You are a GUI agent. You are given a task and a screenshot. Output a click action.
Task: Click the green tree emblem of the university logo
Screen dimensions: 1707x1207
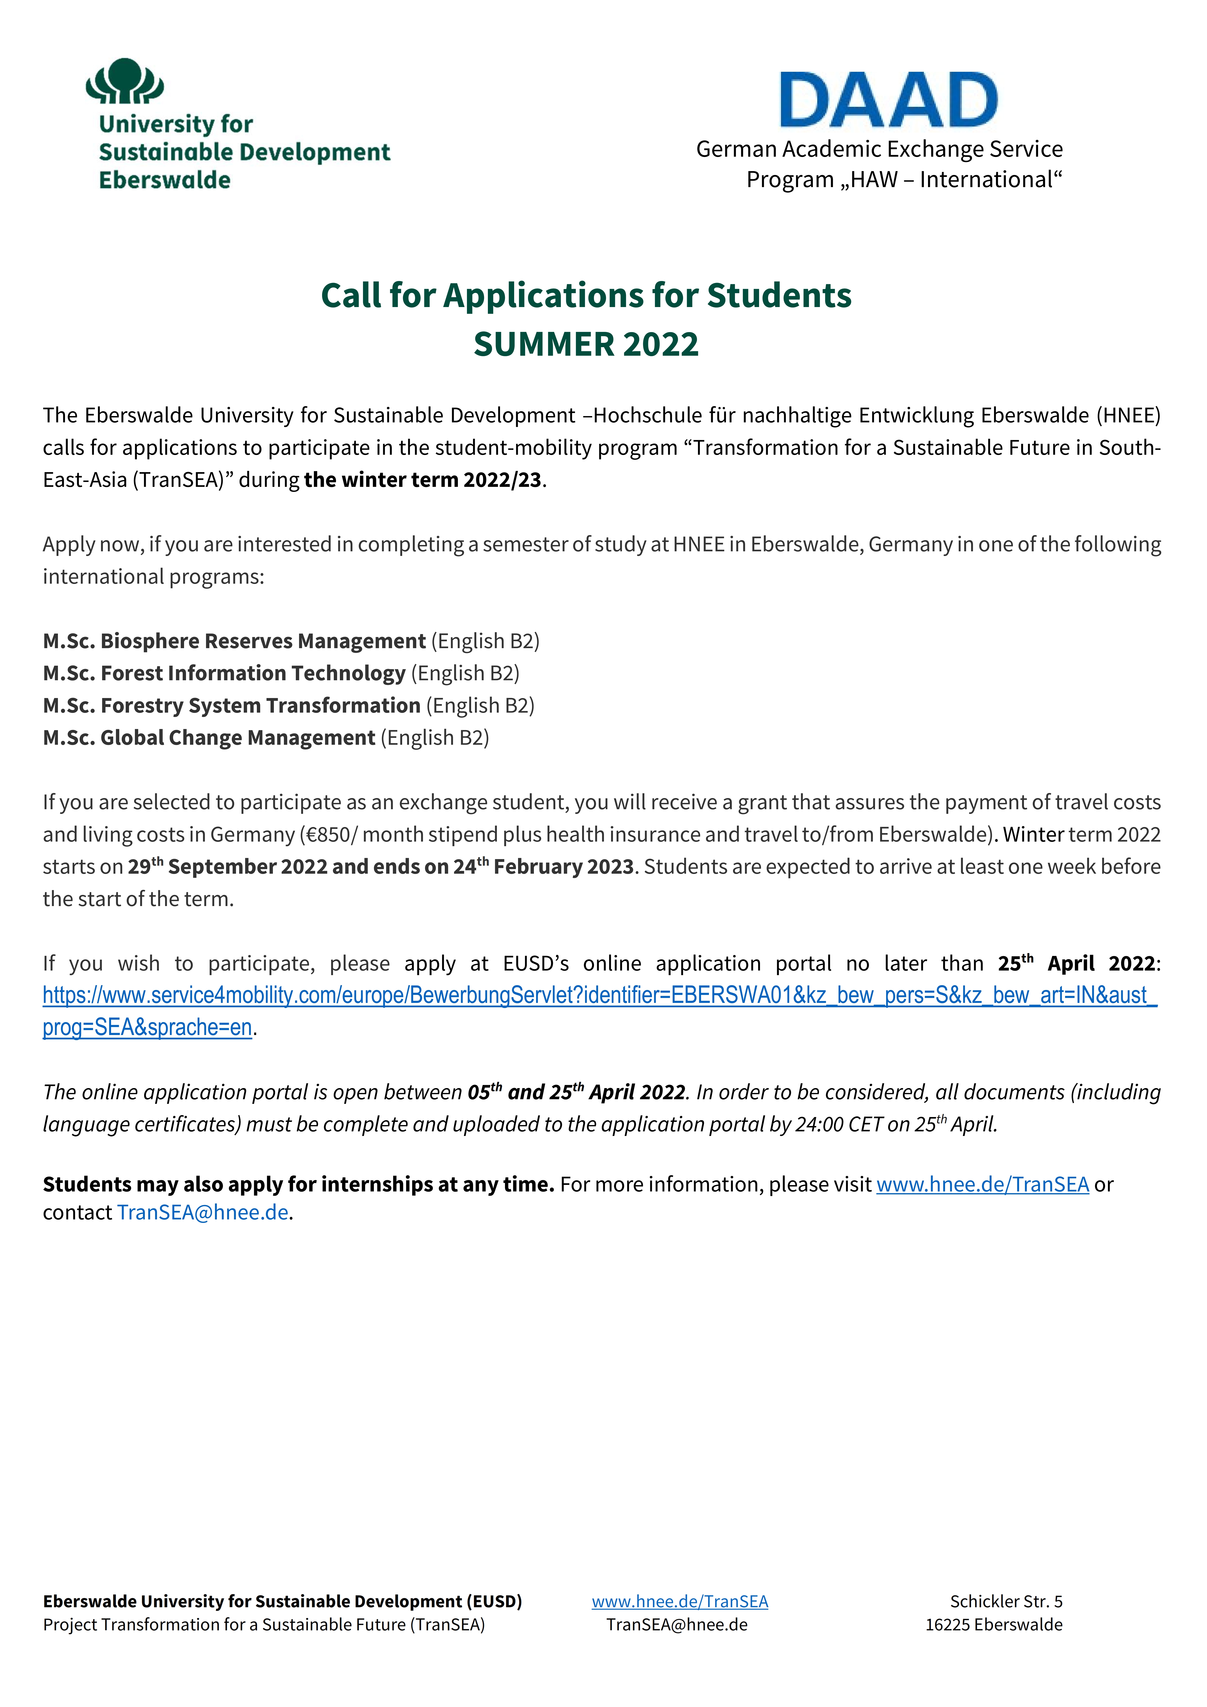pyautogui.click(x=124, y=80)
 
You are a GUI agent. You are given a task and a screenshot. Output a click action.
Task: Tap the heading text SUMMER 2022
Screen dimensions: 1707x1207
pyautogui.click(x=586, y=344)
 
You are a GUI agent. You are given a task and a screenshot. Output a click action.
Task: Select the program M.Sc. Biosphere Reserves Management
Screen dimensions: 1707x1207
pyautogui.click(x=234, y=641)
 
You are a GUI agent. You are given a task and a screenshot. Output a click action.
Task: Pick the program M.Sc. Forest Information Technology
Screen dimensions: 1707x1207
pyautogui.click(x=224, y=673)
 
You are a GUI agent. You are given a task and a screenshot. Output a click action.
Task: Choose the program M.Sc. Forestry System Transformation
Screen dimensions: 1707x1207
pyautogui.click(x=231, y=705)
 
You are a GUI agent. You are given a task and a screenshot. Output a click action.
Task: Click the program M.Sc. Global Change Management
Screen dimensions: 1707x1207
pyautogui.click(x=209, y=737)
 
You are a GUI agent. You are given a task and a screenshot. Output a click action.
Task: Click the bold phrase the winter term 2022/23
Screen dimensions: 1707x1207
pyautogui.click(x=422, y=480)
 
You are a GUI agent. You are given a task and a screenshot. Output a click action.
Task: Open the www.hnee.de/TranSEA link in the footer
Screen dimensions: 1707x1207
pyautogui.click(x=680, y=1601)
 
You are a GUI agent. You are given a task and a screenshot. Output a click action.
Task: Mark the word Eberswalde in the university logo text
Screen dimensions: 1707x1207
pyautogui.click(x=165, y=180)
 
